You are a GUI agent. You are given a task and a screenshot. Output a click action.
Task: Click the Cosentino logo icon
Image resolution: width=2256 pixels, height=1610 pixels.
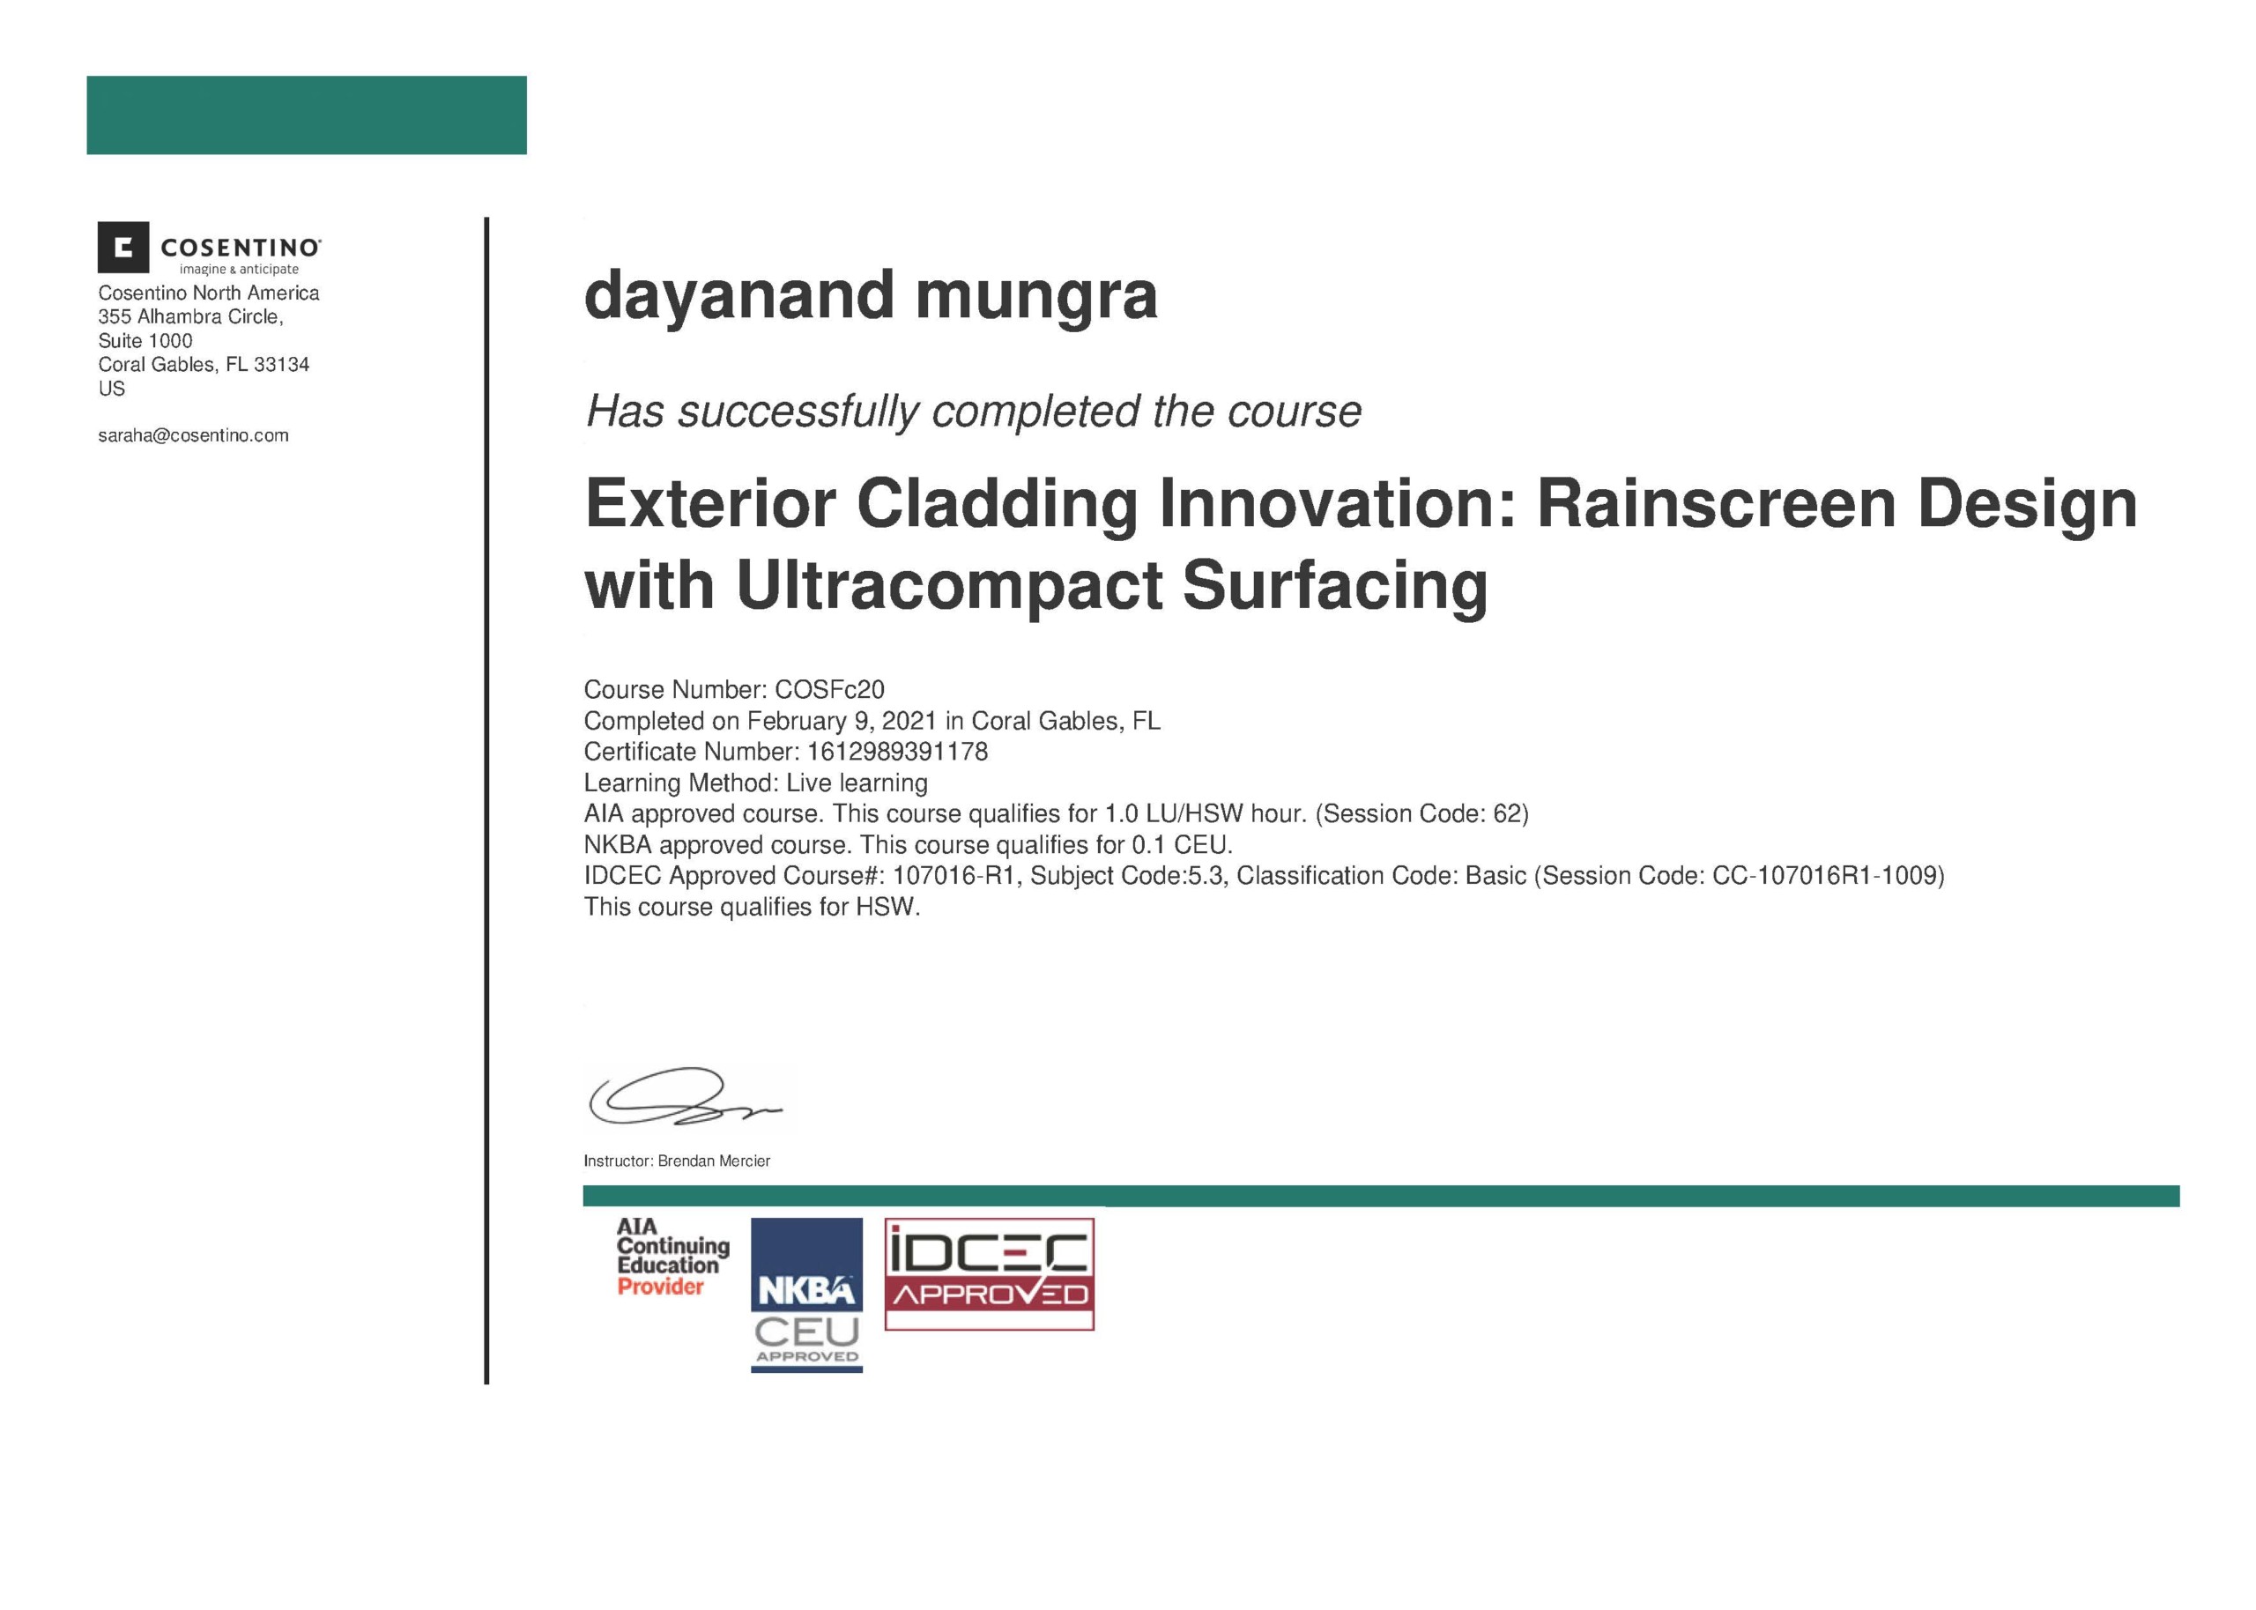point(122,247)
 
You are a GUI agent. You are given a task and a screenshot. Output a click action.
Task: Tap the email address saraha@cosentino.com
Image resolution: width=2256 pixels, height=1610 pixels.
point(193,435)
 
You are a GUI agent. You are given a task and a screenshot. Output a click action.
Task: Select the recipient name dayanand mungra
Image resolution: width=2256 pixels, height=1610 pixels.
point(871,296)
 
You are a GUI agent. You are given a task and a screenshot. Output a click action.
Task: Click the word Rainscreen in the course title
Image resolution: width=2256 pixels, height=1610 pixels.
point(1718,504)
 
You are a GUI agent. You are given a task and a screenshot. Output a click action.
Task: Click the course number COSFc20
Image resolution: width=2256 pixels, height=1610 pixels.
point(829,689)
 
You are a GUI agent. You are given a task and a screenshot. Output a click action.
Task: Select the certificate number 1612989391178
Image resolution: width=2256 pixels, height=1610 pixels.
point(897,752)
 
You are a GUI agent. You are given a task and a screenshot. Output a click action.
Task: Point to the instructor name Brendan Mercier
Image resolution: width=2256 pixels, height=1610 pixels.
point(714,1161)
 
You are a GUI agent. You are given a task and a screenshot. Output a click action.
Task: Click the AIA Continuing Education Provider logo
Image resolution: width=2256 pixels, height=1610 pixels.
point(673,1257)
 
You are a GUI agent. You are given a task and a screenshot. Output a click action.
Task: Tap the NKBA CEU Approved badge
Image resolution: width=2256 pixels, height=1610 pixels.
point(807,1295)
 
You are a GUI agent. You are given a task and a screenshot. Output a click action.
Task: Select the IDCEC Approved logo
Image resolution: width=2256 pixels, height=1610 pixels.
point(990,1274)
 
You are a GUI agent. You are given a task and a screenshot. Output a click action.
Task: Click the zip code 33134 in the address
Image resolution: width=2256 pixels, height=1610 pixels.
point(281,365)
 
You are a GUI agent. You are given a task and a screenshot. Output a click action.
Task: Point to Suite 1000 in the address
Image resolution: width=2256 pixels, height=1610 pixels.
point(145,341)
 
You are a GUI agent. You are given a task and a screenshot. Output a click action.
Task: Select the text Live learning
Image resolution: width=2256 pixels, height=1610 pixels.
point(857,783)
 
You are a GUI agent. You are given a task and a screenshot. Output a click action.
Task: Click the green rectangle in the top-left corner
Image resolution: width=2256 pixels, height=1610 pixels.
point(307,115)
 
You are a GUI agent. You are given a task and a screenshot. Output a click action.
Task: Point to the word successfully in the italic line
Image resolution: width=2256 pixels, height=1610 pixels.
point(797,412)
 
